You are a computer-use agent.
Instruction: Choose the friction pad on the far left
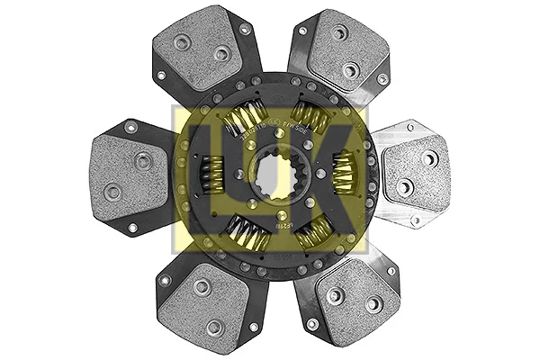(x=130, y=171)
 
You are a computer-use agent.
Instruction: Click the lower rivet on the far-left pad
(x=112, y=190)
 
